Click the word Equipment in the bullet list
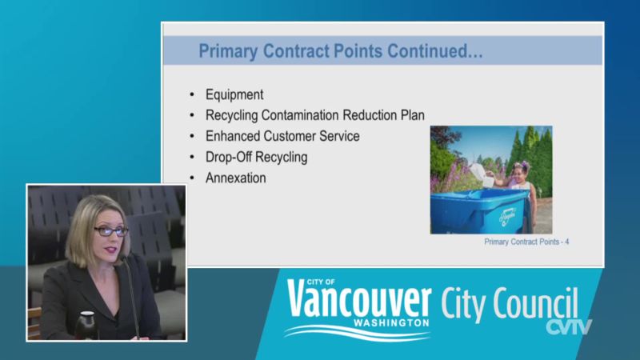tap(234, 94)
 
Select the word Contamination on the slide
tap(301, 115)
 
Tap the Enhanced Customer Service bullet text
tap(282, 136)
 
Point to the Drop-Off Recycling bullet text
tap(256, 157)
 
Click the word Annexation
tap(235, 178)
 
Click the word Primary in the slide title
tap(228, 51)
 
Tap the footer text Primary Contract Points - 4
tap(526, 242)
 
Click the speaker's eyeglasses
tap(111, 231)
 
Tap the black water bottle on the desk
tap(86, 326)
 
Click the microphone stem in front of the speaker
tap(131, 297)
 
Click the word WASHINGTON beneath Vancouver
tap(391, 323)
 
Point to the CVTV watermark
tap(569, 326)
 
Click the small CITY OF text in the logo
tap(321, 282)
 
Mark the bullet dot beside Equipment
tap(192, 94)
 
